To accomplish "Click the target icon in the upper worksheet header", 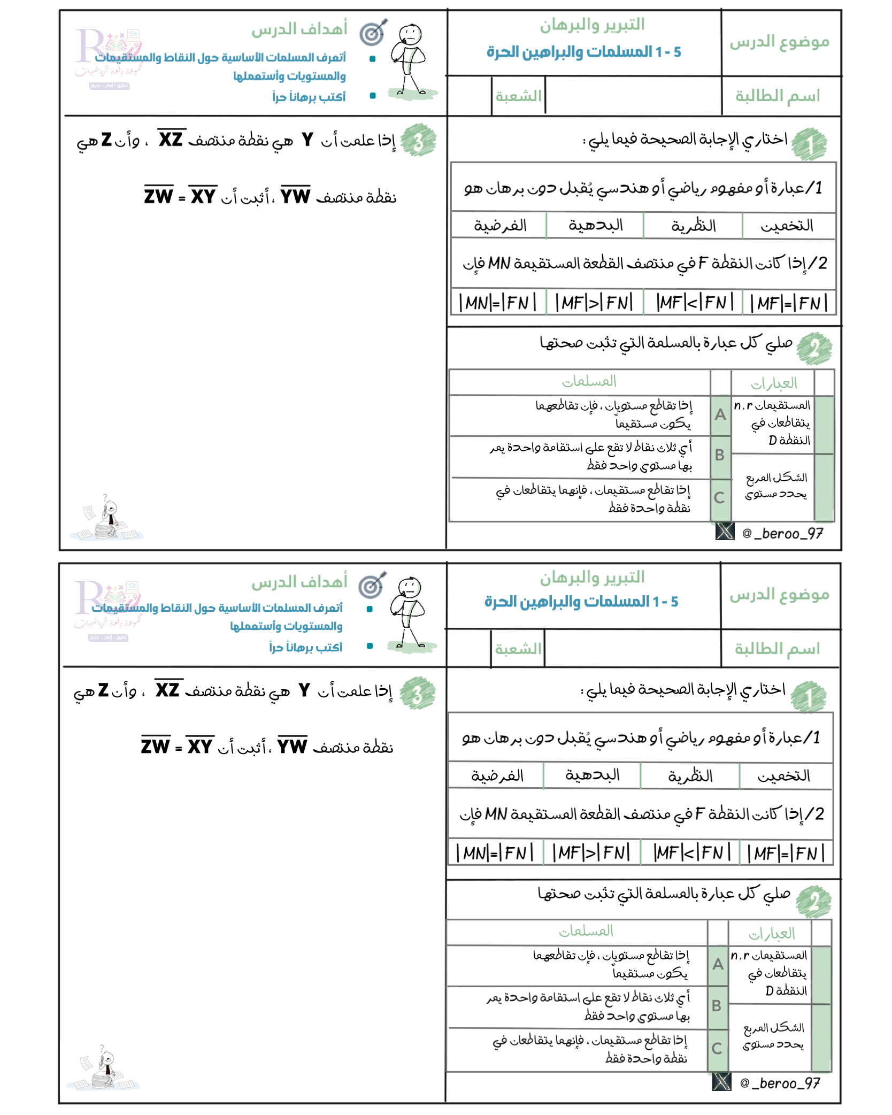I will click(373, 33).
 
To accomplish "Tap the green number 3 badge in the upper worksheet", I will click(418, 141).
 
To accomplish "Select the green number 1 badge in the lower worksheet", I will click(809, 697).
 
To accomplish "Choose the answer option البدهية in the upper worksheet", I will click(596, 225).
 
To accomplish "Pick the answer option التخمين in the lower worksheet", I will click(783, 775).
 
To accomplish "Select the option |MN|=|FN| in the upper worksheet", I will click(497, 303).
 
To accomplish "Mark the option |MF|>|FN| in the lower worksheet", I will click(591, 852).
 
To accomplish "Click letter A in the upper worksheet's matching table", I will click(720, 414).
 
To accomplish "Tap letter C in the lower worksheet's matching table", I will click(717, 1049).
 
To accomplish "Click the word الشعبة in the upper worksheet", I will click(518, 96).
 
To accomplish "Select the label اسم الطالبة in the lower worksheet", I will click(777, 649).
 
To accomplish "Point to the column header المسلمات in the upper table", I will click(589, 381).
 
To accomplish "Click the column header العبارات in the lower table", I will click(771, 934).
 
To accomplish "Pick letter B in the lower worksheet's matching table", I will click(717, 1006).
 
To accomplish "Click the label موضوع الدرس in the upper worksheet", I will click(779, 42).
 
